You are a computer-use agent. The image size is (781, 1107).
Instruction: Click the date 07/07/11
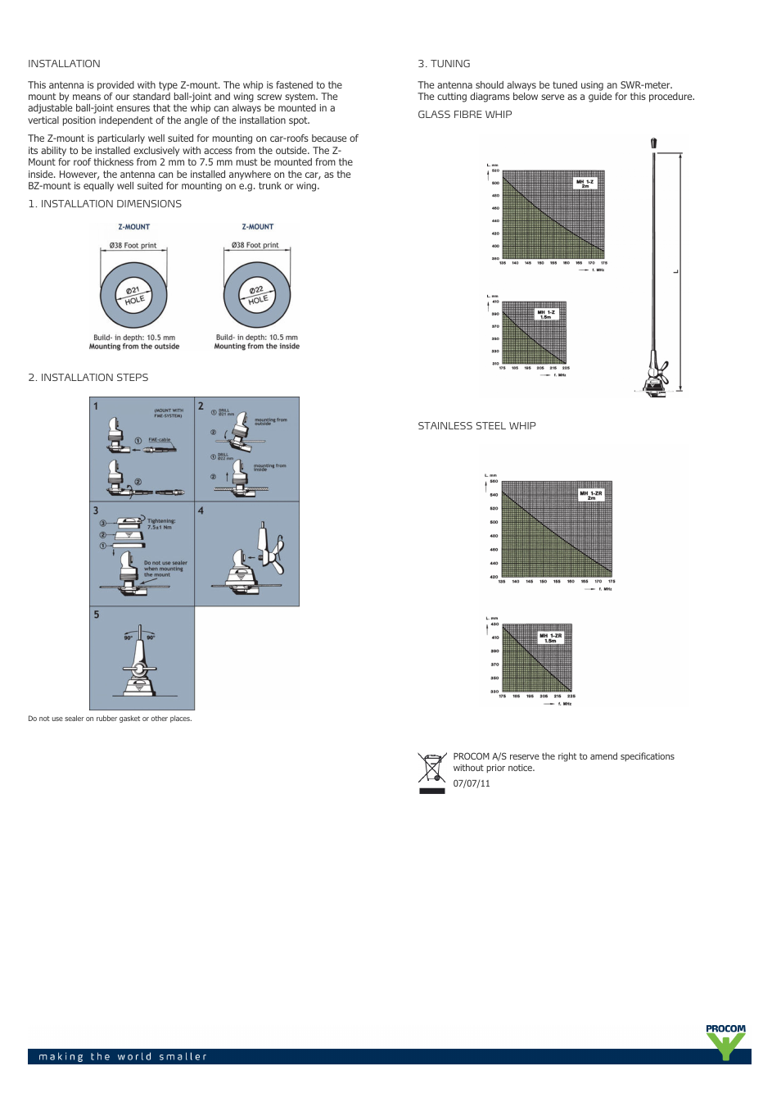click(472, 783)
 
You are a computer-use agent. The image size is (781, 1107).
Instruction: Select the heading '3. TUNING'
click(444, 64)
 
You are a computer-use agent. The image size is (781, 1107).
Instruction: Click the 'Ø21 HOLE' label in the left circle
click(133, 295)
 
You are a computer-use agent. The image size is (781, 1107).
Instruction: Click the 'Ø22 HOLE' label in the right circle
click(257, 295)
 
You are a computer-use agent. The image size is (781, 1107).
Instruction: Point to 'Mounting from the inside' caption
click(256, 347)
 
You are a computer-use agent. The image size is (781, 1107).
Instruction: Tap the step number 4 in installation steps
click(201, 510)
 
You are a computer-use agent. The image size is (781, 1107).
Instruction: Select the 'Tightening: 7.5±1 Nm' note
click(160, 524)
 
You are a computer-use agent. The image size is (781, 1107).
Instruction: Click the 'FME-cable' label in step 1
click(159, 440)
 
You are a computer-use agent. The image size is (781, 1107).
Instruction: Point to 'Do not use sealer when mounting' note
click(165, 569)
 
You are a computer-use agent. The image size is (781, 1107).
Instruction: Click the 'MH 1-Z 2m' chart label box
click(585, 184)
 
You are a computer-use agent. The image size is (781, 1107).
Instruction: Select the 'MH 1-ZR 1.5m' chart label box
click(550, 637)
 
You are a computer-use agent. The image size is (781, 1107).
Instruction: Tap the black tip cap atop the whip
click(653, 143)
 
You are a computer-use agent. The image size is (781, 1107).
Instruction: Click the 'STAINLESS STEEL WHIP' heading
click(476, 426)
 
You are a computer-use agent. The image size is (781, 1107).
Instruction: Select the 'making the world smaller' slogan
click(123, 1056)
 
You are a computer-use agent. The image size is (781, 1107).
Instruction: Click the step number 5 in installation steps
click(97, 615)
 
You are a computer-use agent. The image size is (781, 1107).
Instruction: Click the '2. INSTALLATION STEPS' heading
click(88, 378)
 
